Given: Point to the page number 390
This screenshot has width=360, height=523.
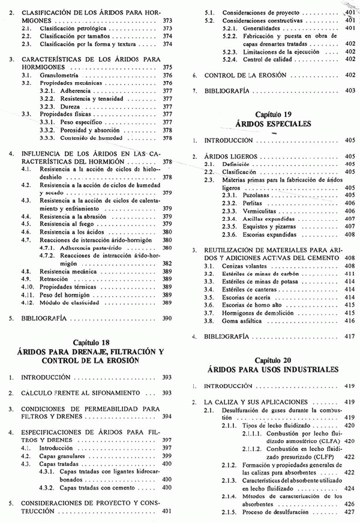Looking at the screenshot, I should coord(167,320).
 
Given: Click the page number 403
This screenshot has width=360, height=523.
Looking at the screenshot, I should coord(350,91).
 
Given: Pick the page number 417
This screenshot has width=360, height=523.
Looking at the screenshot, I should coord(350,338).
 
